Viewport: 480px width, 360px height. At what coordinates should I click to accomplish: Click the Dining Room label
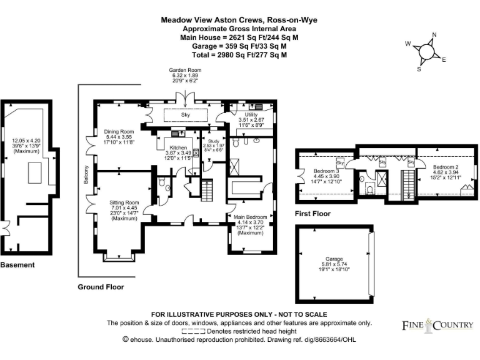[119, 132]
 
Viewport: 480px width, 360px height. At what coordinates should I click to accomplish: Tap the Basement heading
[17, 265]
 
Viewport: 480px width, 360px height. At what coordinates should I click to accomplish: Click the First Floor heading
[312, 214]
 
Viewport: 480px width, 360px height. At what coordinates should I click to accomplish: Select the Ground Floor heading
[101, 287]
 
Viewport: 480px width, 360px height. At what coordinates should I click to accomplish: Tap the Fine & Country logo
[437, 325]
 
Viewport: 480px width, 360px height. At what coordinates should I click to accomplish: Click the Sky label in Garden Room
[185, 115]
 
